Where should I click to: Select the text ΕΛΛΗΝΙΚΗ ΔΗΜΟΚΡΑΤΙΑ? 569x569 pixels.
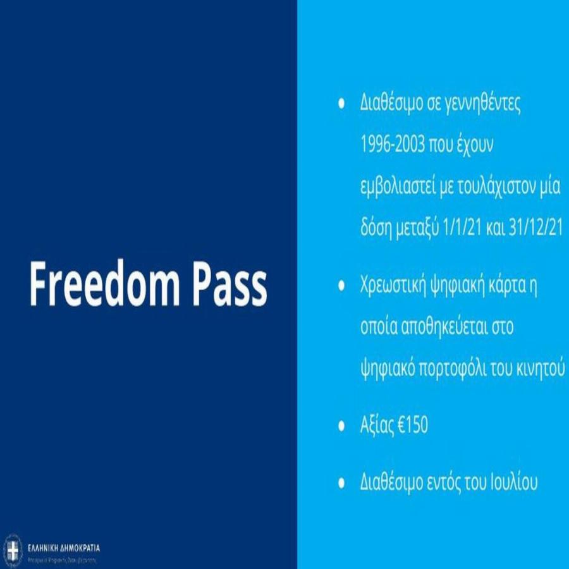(64, 548)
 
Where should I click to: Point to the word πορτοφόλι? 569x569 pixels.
(450, 368)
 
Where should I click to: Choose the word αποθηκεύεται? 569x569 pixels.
(448, 327)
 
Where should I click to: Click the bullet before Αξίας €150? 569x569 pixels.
(341, 425)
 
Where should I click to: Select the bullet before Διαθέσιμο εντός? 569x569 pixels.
(341, 483)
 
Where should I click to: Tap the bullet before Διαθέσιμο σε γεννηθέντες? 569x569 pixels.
(341, 104)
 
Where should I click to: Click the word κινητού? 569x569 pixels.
(541, 368)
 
